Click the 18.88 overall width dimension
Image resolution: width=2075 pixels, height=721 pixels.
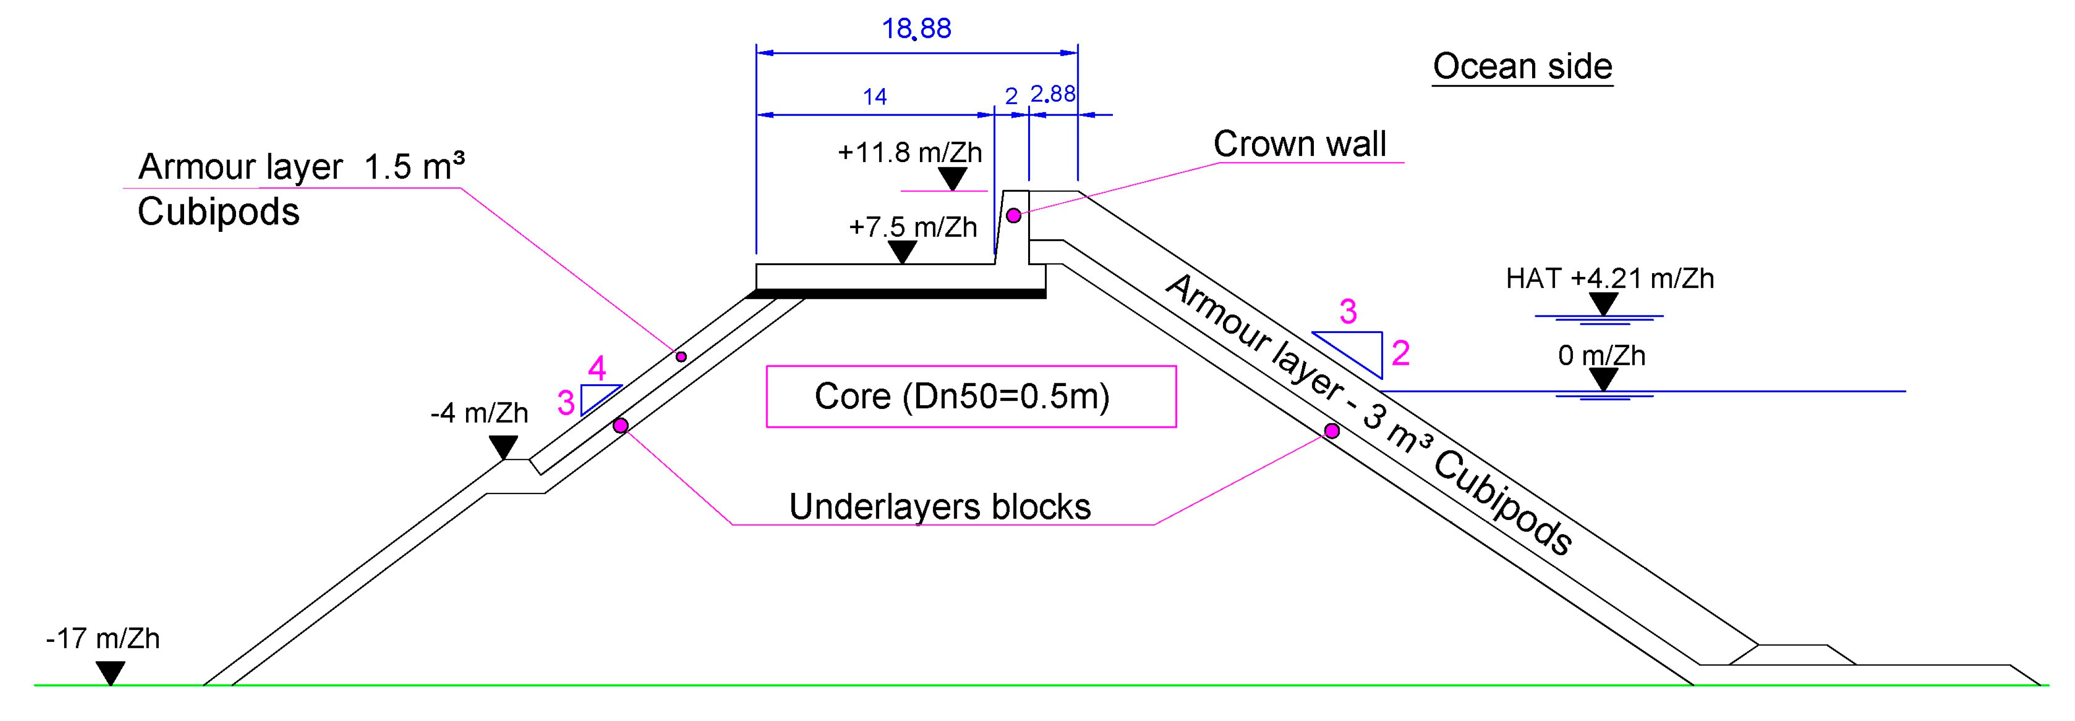coord(916,29)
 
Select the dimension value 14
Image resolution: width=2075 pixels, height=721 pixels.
coord(875,97)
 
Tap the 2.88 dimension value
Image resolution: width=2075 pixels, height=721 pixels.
coord(1053,95)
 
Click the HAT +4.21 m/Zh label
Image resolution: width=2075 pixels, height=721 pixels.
coord(1609,279)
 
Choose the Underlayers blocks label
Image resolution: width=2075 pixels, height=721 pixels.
coord(939,507)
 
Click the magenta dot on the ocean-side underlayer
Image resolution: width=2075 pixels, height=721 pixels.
coord(1332,431)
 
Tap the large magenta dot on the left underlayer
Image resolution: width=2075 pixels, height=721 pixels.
coord(620,425)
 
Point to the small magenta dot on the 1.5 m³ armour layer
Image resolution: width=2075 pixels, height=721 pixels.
coord(681,356)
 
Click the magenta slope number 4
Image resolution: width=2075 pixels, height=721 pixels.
coord(597,369)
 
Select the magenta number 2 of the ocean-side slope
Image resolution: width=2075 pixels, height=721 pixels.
coord(1401,354)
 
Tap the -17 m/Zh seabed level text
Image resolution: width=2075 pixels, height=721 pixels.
coord(103,639)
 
